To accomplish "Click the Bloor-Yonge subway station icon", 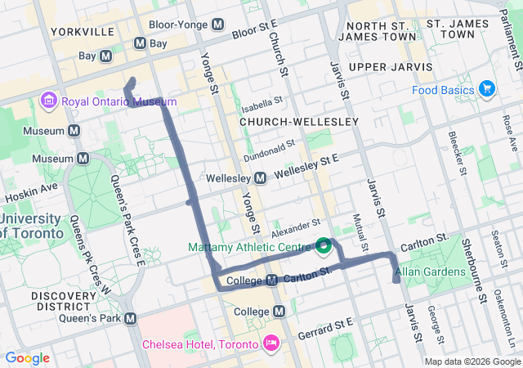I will click(x=217, y=25).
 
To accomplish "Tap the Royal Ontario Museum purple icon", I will click(x=47, y=101).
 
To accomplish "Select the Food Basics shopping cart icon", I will click(x=487, y=88).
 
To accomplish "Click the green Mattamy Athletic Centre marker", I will click(x=324, y=244).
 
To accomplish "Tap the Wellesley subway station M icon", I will click(x=260, y=177).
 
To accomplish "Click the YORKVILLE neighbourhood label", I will click(x=82, y=32).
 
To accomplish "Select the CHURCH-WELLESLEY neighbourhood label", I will click(x=299, y=122).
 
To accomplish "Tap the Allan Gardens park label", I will click(x=430, y=271).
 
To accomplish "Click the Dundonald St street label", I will click(x=268, y=150).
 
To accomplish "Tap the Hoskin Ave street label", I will click(x=31, y=193).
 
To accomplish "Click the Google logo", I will click(x=27, y=358).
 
